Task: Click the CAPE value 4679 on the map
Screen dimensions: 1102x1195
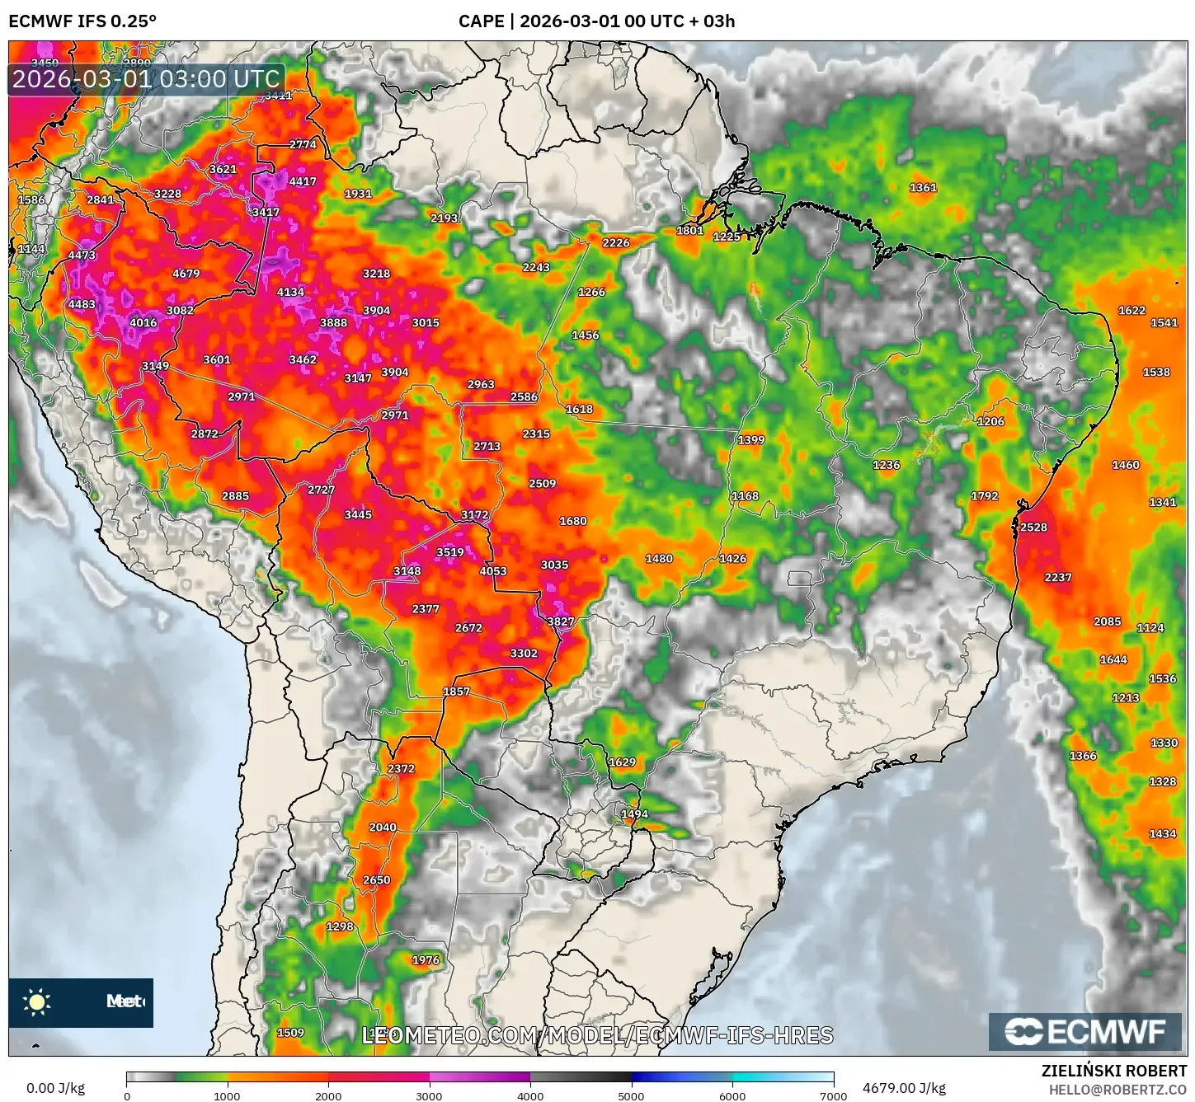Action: (186, 274)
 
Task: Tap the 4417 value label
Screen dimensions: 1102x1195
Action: (303, 181)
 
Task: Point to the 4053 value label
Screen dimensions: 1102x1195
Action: (493, 571)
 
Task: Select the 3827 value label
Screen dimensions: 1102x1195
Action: (561, 621)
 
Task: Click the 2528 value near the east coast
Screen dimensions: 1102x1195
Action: (1033, 528)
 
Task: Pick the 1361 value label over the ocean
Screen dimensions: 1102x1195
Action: (923, 188)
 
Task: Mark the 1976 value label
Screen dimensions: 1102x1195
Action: (426, 960)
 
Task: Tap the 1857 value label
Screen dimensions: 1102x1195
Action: (456, 692)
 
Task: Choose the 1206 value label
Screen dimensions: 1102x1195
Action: (990, 421)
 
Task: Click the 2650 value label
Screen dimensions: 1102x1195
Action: (377, 880)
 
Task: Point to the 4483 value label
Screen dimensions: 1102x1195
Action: (82, 304)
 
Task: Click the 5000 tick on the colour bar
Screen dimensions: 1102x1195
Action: (632, 1095)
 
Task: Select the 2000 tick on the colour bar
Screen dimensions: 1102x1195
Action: (328, 1095)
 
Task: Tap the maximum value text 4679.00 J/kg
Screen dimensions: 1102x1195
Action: (904, 1088)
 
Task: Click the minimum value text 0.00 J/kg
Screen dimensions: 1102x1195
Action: (55, 1088)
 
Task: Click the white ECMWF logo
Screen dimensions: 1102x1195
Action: (1085, 1032)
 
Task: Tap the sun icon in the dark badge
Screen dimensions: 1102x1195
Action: (37, 1002)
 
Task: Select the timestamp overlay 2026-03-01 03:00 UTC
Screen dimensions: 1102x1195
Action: (146, 79)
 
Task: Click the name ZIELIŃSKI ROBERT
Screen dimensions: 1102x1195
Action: (1114, 1071)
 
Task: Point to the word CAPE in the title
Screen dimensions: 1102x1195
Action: (481, 21)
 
